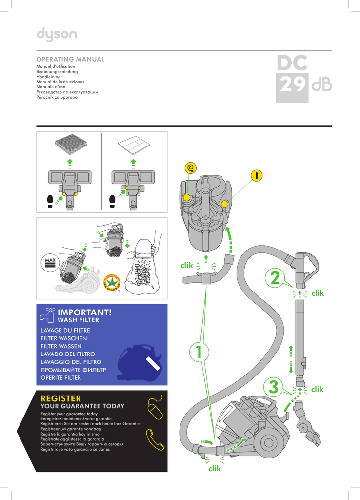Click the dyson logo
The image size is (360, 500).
click(57, 34)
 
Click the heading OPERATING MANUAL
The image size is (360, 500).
click(71, 59)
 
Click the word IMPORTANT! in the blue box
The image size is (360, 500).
click(84, 312)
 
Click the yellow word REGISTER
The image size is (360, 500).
click(61, 399)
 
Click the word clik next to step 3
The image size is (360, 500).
click(317, 389)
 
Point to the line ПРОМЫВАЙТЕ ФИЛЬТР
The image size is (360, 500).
click(73, 370)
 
